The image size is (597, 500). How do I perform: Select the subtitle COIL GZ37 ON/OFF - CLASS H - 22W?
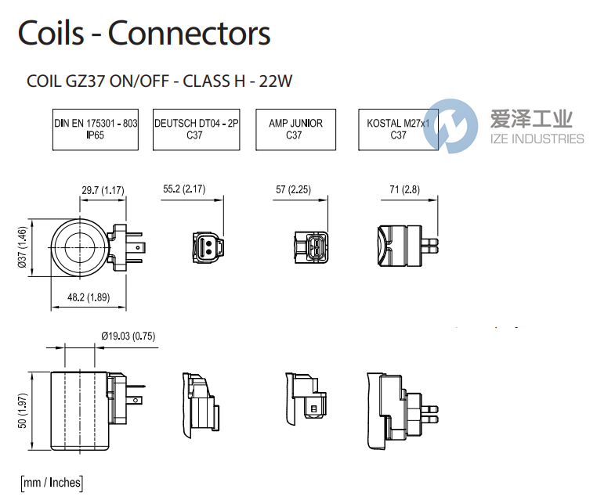(x=159, y=81)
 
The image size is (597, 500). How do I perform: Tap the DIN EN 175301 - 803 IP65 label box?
(x=96, y=129)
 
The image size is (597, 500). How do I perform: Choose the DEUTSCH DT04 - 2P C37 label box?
(x=196, y=129)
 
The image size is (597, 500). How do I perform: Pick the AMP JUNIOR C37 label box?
(x=295, y=129)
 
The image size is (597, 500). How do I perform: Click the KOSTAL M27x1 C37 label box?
(x=398, y=129)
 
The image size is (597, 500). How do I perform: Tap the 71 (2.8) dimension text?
(x=400, y=190)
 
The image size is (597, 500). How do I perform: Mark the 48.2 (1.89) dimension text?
(x=89, y=297)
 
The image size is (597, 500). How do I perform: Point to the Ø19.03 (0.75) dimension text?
(x=128, y=336)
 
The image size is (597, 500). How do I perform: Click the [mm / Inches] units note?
(x=51, y=482)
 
